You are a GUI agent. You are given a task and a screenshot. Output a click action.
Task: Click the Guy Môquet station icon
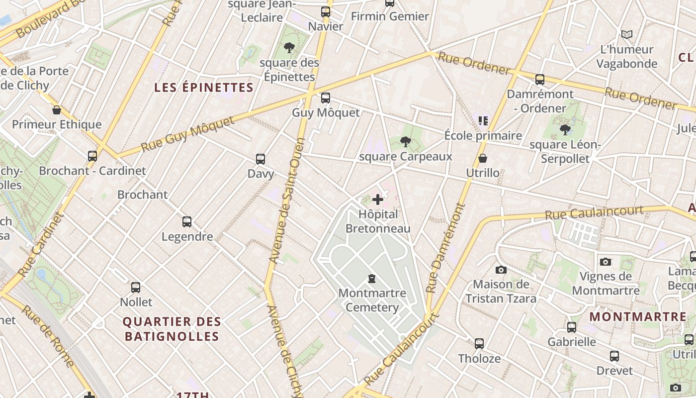click(326, 98)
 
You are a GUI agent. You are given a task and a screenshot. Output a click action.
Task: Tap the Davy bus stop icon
click(261, 159)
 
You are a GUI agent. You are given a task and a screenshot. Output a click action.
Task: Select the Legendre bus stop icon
click(187, 222)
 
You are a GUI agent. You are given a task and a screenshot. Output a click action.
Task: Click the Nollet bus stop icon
click(136, 288)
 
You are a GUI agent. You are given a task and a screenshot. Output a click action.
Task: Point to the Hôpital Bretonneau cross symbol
click(378, 200)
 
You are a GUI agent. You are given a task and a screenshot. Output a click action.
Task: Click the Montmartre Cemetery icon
click(372, 279)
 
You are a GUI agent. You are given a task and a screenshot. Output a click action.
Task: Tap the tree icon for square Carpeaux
click(406, 142)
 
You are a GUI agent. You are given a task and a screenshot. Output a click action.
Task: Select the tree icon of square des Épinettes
click(289, 48)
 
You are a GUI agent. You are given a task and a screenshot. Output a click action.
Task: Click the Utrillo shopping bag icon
click(483, 159)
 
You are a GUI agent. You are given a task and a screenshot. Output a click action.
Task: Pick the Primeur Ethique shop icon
click(57, 110)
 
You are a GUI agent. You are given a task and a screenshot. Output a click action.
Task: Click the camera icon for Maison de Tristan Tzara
click(501, 270)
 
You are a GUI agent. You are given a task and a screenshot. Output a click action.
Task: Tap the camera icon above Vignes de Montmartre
click(606, 262)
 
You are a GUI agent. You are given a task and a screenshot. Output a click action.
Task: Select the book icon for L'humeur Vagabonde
click(627, 35)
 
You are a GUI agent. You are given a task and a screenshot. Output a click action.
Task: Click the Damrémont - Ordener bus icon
click(540, 80)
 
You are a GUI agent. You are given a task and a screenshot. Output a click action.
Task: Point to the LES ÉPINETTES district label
click(204, 88)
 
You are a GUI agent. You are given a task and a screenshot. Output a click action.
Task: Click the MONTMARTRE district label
click(638, 317)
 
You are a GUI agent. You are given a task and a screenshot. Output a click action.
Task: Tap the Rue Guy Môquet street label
click(187, 134)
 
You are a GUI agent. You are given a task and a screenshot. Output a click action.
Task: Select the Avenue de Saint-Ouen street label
click(286, 208)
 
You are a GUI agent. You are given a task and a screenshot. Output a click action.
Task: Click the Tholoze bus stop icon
click(479, 344)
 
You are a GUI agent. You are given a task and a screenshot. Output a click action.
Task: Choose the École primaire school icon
click(483, 121)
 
